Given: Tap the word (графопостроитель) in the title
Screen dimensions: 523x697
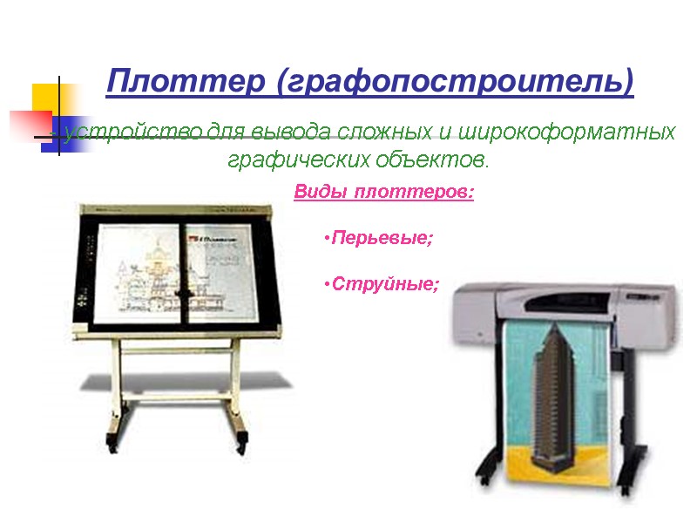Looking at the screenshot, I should pyautogui.click(x=454, y=83).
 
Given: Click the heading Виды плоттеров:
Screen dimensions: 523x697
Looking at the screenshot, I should pyautogui.click(x=383, y=192).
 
